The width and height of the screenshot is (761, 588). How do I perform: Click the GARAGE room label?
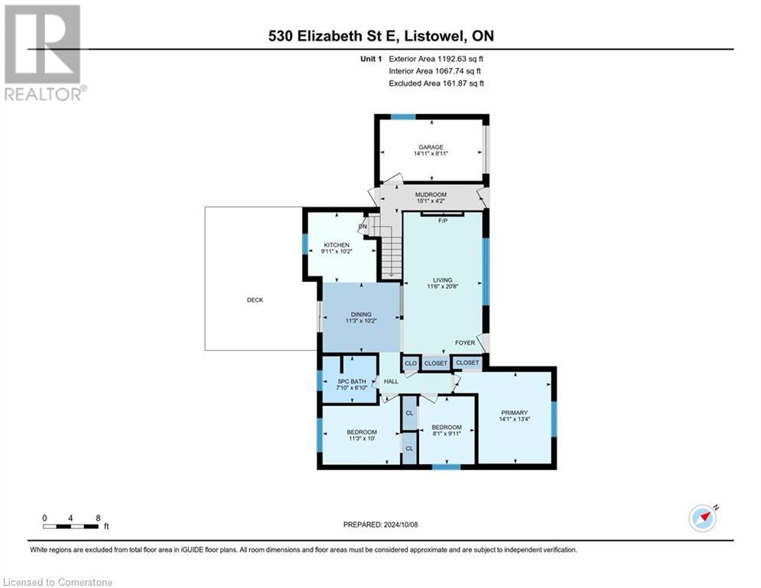coord(431,147)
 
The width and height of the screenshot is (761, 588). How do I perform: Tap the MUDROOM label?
coord(431,194)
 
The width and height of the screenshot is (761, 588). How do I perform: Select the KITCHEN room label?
coord(336,245)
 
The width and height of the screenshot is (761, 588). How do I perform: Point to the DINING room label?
coord(361,314)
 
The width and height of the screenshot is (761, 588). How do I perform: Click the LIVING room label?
coord(442,280)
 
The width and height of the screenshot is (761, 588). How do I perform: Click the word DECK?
coord(255,300)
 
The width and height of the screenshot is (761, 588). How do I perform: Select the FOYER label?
coord(465,343)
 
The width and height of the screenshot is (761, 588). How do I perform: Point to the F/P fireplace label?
coord(442,220)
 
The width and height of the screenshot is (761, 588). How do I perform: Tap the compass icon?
coord(702,518)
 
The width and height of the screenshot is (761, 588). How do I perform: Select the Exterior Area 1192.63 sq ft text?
coord(436,58)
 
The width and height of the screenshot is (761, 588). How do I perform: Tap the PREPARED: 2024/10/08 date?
coord(380,524)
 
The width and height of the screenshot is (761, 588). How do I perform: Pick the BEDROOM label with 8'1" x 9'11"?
coord(446,427)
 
